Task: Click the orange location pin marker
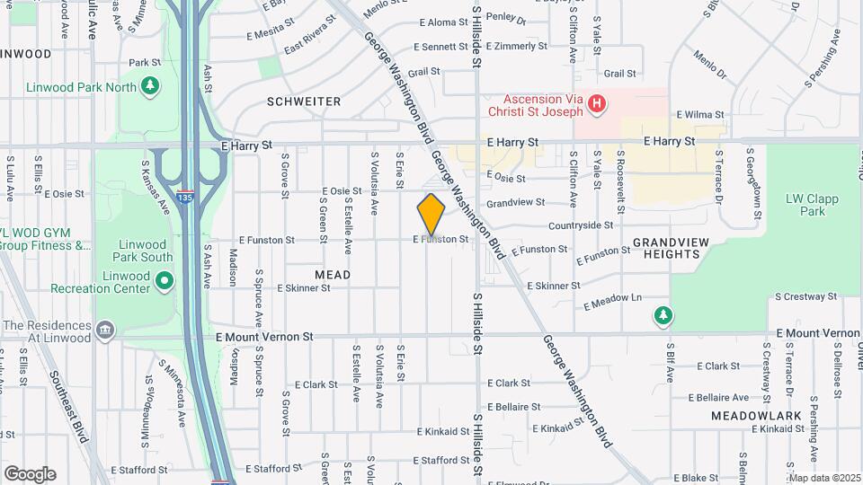click(431, 215)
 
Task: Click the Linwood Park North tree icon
click(151, 86)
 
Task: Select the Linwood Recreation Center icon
click(165, 282)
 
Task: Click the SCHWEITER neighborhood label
click(304, 102)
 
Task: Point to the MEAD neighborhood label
click(333, 274)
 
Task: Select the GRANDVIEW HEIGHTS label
click(666, 248)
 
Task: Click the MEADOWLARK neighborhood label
click(750, 416)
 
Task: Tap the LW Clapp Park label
click(805, 205)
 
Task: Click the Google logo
click(30, 473)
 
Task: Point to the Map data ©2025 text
click(823, 478)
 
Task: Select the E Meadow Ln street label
click(612, 301)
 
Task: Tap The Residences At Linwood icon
click(105, 331)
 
